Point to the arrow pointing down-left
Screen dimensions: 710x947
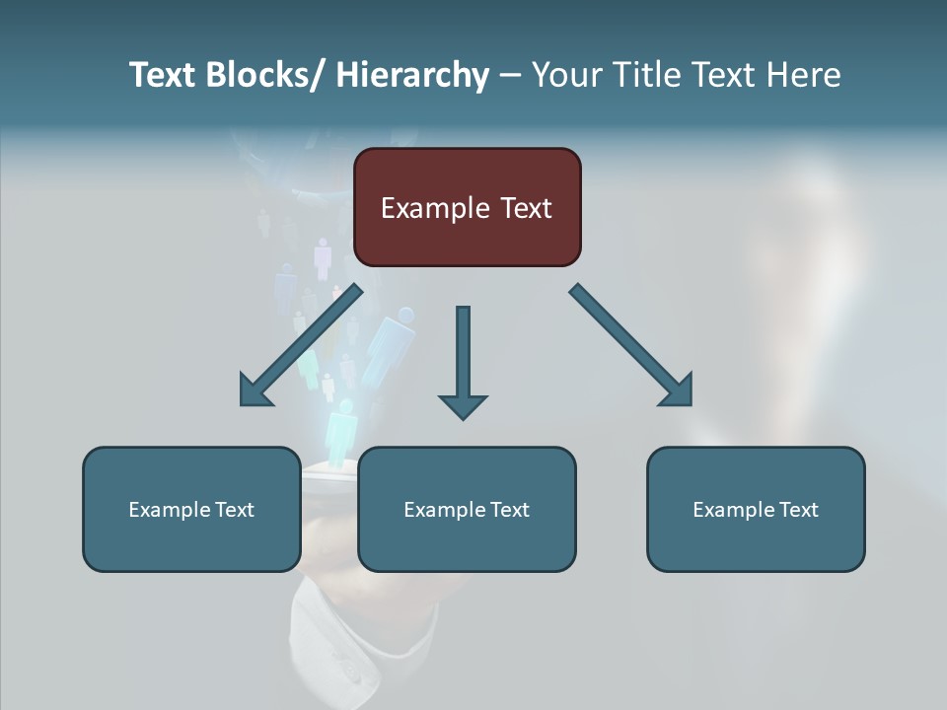point(301,345)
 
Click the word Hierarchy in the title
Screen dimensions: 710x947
point(412,75)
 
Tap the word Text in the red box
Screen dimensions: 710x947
point(525,208)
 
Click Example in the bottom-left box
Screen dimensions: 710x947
point(169,510)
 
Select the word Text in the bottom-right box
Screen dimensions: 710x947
point(797,510)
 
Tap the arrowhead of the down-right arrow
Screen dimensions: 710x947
point(677,390)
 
